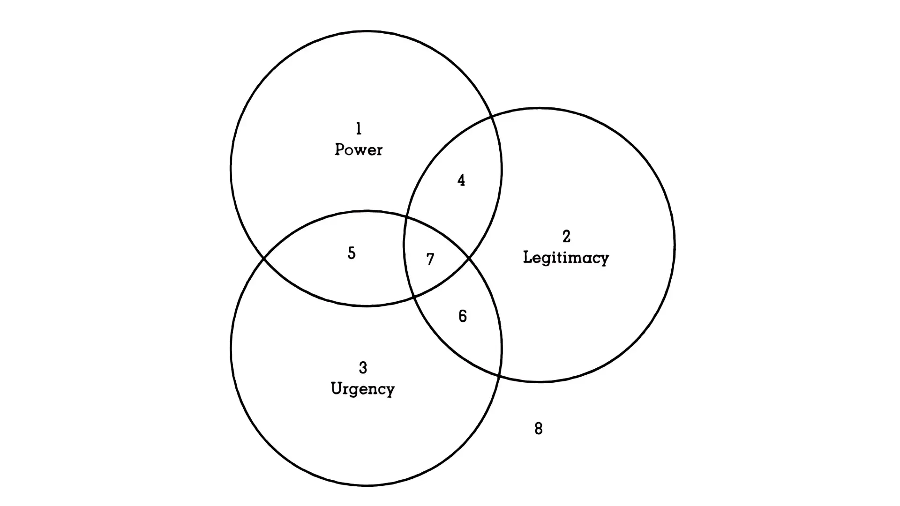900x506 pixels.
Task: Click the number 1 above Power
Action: coord(359,128)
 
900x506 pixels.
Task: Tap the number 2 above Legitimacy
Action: coord(566,237)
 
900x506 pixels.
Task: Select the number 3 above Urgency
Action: coord(363,368)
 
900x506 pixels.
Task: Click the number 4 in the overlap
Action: coord(461,180)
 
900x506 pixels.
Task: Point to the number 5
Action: coord(352,253)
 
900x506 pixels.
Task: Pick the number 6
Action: coord(463,317)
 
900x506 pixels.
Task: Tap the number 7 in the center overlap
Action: coord(430,260)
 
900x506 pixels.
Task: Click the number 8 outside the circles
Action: coord(539,429)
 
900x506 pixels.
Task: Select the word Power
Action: coord(359,150)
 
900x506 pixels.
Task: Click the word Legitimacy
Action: coord(566,258)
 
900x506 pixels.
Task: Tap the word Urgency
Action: coord(363,389)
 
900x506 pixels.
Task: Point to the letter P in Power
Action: coord(340,149)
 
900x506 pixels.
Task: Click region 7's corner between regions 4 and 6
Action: coord(469,258)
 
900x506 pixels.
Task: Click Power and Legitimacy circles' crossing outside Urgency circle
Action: coord(491,116)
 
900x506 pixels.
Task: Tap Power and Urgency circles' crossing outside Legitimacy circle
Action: coord(264,258)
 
